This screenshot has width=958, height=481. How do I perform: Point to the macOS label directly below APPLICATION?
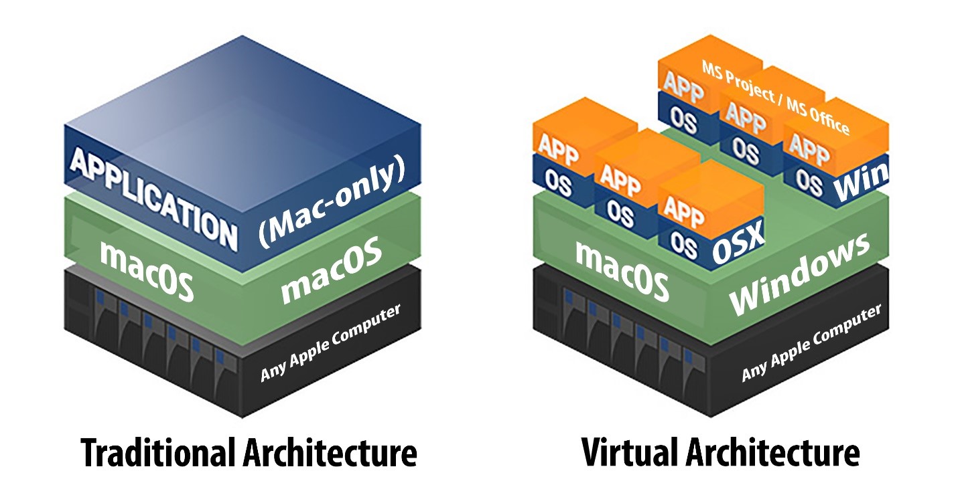tap(147, 270)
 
